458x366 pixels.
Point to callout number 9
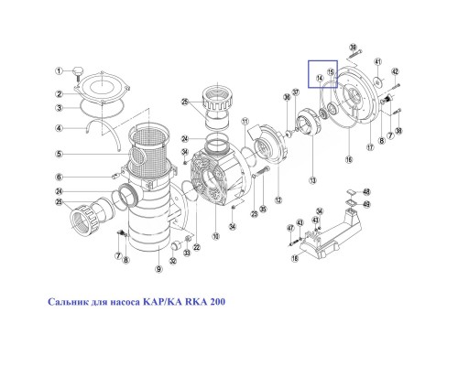coord(158,268)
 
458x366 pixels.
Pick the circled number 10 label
coord(216,237)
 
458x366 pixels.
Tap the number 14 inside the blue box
coord(320,79)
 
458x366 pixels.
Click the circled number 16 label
coord(347,158)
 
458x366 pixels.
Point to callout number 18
coord(295,259)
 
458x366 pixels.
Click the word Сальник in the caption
coord(72,301)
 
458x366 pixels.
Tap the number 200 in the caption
coord(213,301)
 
